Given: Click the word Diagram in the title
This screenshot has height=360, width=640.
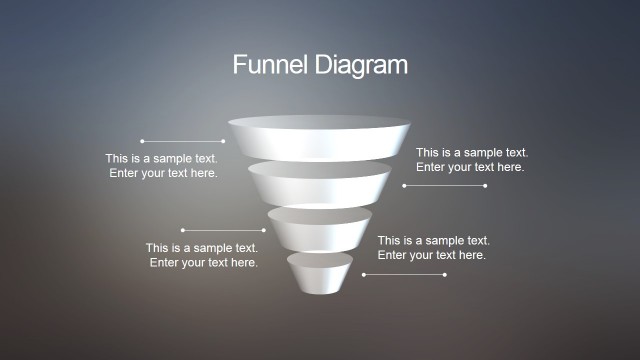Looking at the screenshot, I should pos(358,66).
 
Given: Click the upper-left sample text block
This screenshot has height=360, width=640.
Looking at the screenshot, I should pos(162,166).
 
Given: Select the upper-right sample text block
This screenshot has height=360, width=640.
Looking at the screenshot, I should pos(471,160).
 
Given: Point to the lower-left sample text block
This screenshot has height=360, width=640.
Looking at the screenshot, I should pos(203,255).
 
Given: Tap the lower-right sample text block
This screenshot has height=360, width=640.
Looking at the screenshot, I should pos(433,248).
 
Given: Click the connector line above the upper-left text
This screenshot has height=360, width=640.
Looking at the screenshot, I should pos(183,141).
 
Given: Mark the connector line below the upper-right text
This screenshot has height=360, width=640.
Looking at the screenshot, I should pos(444,185).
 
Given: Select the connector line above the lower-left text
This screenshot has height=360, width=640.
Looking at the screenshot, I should pos(223,230).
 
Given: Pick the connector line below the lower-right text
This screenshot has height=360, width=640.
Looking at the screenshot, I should pos(404,274).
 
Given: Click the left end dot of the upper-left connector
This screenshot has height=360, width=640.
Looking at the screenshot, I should pos(142,141).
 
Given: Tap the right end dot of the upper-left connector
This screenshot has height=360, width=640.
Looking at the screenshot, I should pos(224,141).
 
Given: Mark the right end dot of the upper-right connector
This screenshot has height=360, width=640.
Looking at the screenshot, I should pos(485,185).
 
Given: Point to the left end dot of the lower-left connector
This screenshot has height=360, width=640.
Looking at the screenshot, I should pos(182,230).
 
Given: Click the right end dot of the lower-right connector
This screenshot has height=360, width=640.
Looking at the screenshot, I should pos(445,274).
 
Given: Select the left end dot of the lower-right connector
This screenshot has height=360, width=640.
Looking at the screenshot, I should pos(363,274).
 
